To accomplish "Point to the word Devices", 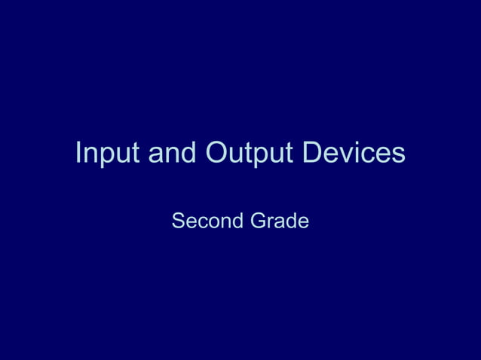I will click(354, 153).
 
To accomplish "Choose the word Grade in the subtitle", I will click(280, 221).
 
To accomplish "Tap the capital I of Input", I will click(79, 153).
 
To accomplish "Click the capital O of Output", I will click(217, 153).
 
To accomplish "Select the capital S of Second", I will click(179, 221).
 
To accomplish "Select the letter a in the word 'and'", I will click(155, 155).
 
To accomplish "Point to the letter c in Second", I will click(202, 223).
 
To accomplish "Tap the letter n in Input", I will click(93, 155).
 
